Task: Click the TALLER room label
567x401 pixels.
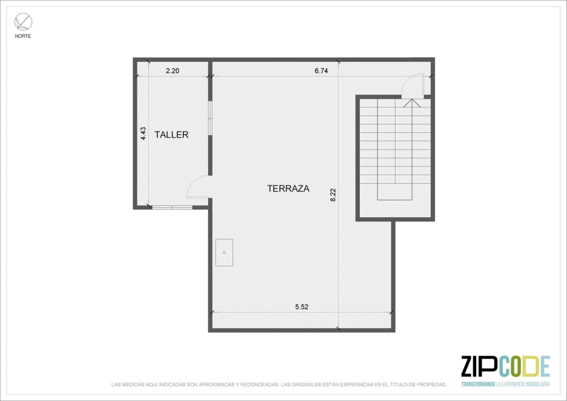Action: (171, 135)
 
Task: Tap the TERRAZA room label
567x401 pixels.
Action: (288, 189)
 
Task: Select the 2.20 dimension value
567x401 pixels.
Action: (173, 71)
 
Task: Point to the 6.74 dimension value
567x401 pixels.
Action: (321, 71)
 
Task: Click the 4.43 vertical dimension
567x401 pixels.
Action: (143, 133)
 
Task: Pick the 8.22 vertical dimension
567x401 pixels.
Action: (333, 195)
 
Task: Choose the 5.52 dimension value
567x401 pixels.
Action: (302, 307)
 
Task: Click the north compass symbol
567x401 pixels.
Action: (23, 22)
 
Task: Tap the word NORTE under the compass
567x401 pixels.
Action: (23, 36)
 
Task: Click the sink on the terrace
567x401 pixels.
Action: (224, 253)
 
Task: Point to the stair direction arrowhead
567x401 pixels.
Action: (412, 103)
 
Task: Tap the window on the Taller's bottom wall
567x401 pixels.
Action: (172, 207)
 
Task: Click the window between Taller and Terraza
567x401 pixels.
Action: (210, 119)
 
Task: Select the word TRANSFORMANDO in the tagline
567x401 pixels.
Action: (478, 384)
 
